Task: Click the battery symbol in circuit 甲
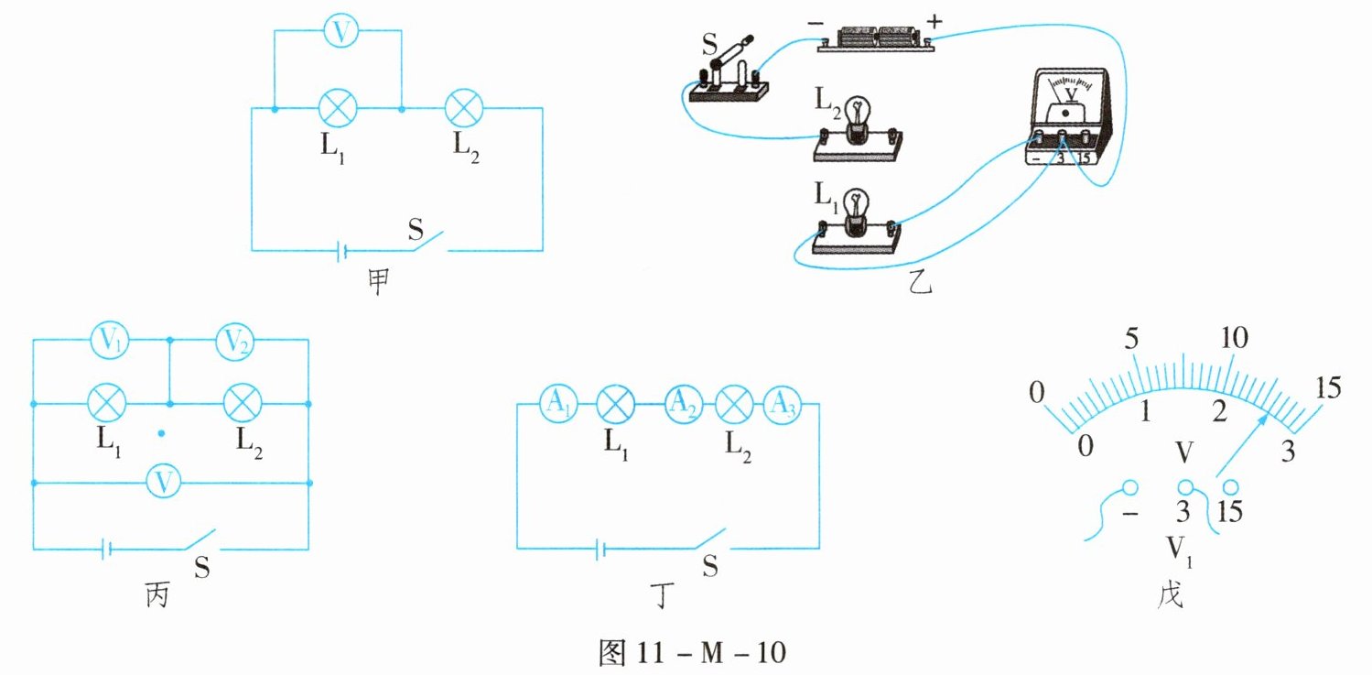[x=341, y=250]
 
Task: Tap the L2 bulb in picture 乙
[x=859, y=124]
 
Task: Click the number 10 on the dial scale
[x=1234, y=339]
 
